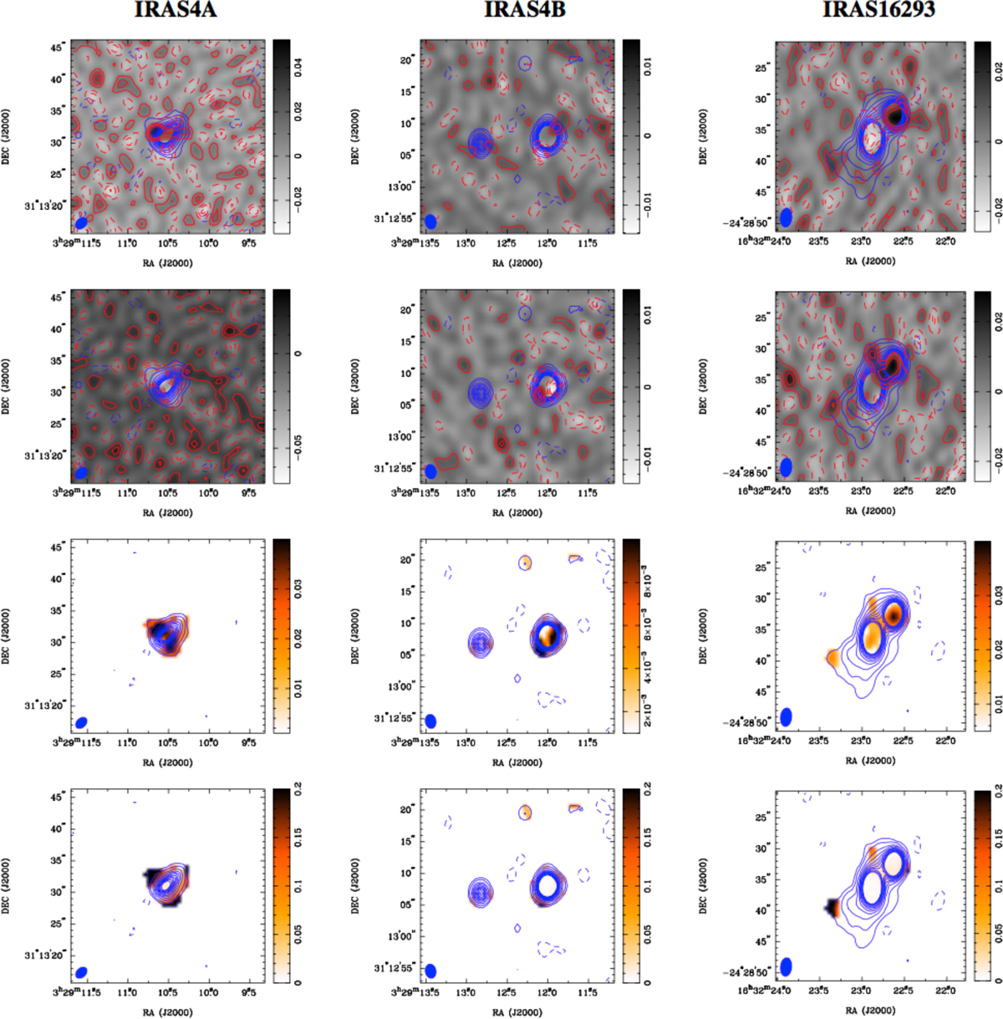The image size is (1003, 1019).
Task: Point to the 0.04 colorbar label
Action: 299,67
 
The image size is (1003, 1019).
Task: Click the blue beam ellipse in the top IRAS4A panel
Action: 81,222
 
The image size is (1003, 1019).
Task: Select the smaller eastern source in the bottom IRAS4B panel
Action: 480,892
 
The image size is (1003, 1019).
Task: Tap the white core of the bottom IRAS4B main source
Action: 547,884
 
